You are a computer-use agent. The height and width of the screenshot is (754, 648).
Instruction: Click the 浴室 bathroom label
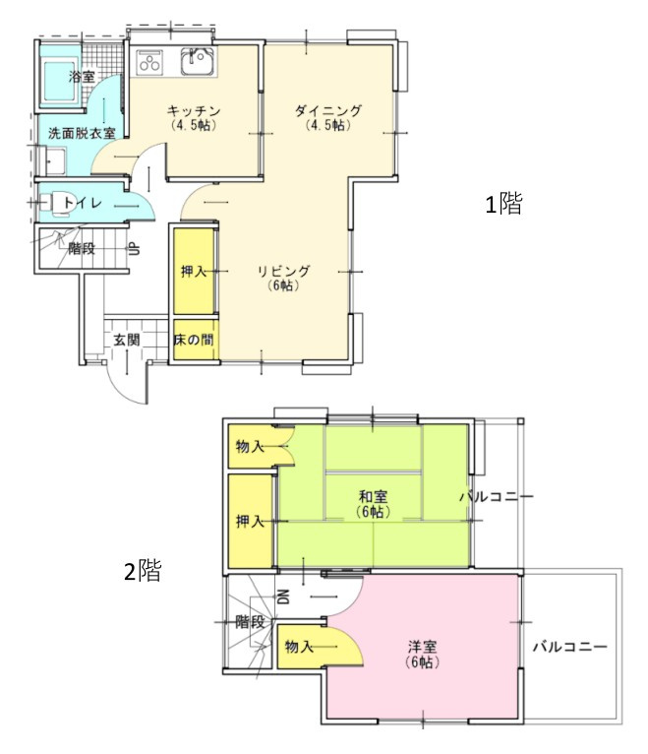[x=82, y=77]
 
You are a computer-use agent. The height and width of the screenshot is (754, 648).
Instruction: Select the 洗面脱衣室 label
[x=82, y=132]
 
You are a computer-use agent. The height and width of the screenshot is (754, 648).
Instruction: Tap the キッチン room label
[x=193, y=111]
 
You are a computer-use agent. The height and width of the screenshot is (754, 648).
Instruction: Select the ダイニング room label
[x=327, y=111]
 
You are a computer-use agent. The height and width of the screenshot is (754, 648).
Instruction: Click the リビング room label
[x=284, y=272]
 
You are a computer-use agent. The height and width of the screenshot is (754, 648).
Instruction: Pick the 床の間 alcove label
[x=194, y=341]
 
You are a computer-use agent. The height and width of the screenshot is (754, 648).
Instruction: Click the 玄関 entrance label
[x=126, y=341]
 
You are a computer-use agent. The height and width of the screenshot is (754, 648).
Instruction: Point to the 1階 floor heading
[x=504, y=205]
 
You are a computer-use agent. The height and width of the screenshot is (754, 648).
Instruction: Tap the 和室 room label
[x=373, y=498]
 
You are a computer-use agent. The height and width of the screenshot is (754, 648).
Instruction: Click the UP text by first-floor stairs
[x=133, y=248]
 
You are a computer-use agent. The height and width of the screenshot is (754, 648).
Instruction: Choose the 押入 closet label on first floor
[x=194, y=272]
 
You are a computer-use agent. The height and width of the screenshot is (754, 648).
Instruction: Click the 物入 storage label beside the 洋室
[x=299, y=647]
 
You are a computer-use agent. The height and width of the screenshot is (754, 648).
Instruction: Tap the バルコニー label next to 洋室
[x=570, y=648]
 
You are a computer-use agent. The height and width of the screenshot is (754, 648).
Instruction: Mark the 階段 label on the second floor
[x=250, y=622]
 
